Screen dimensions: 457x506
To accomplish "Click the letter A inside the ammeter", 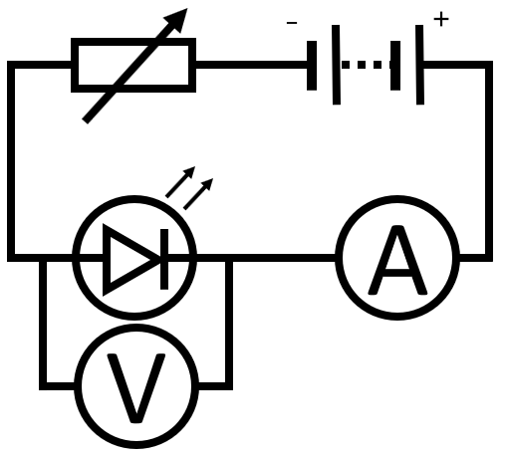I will point(397,261).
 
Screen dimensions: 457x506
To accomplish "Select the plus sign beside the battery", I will point(441,20).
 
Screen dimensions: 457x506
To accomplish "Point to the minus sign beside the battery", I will point(292,22).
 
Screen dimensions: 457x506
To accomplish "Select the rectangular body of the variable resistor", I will point(133,65).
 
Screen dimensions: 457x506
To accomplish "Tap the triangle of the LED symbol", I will point(128,260).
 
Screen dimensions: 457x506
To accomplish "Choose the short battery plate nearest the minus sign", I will point(314,65).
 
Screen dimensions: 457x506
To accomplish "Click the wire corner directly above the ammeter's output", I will point(489,66).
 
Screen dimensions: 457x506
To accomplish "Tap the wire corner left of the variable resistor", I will point(12,66).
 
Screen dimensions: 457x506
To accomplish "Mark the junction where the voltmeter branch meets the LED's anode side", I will point(43,260).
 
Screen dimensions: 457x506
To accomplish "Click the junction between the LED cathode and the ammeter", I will point(230,260).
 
